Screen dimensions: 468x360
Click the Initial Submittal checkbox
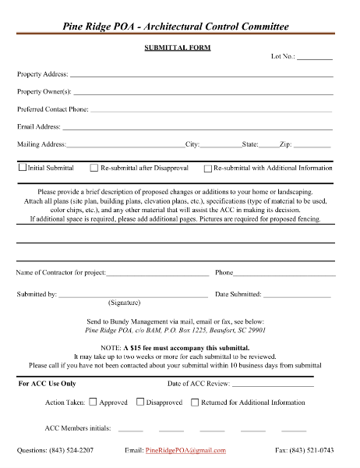click(22, 168)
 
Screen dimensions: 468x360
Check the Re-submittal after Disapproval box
click(94, 168)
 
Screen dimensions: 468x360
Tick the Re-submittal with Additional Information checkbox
click(207, 168)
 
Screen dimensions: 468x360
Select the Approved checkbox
click(93, 402)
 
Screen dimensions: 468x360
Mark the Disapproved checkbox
click(140, 402)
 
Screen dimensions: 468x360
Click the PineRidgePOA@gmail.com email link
click(185, 451)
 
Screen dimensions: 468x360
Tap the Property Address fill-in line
click(201, 76)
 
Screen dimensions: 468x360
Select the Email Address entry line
click(197, 127)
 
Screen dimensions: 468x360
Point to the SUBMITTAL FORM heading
click(178, 48)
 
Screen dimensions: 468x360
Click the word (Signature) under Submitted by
click(124, 301)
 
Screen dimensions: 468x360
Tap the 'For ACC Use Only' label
click(47, 384)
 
